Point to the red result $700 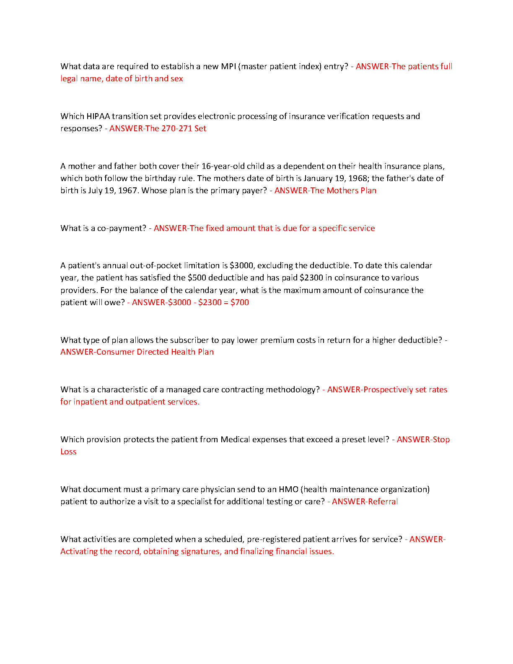(x=240, y=302)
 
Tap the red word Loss (x=68, y=451)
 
